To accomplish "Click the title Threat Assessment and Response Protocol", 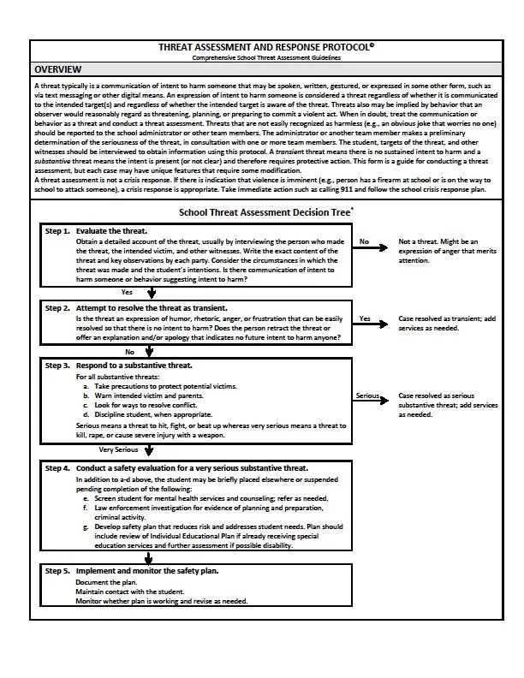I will point(266,48).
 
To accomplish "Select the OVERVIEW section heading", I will point(58,69).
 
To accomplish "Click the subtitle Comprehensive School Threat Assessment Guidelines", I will point(266,57).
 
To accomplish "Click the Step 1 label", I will point(57,232).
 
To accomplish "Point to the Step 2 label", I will point(57,307).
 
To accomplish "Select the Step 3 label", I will point(57,365).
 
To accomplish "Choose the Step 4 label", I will point(57,468).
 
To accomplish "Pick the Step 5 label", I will point(57,570).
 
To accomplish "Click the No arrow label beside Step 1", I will point(364,242).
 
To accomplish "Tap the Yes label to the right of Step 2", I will point(365,318).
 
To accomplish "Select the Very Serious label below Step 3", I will point(117,449).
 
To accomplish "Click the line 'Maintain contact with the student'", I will point(131,592).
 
